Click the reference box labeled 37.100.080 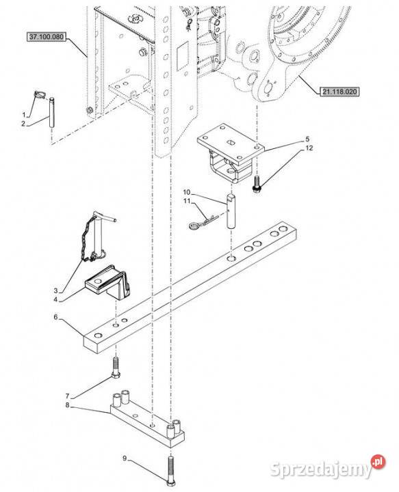click(x=46, y=37)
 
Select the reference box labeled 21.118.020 click(x=339, y=92)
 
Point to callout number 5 click(x=307, y=139)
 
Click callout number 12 click(x=309, y=148)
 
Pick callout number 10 click(x=187, y=192)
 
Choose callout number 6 click(x=56, y=317)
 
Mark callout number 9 click(x=125, y=459)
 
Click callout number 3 click(x=56, y=291)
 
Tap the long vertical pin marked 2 click(x=51, y=112)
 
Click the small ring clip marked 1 click(x=40, y=95)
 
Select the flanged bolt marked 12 click(x=256, y=184)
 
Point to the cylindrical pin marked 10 click(x=231, y=211)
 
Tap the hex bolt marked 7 click(x=116, y=368)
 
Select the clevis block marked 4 click(x=107, y=283)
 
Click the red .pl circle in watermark click(x=378, y=461)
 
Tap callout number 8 click(x=67, y=405)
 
